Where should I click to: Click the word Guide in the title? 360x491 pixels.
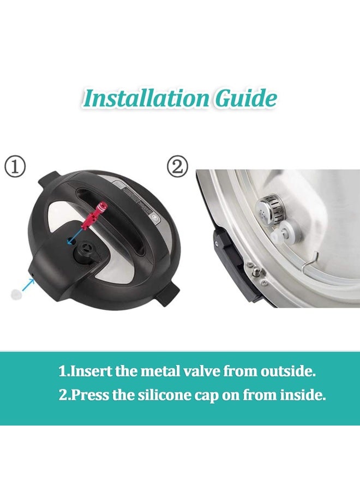click(246, 98)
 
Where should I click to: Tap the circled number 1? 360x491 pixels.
click(15, 167)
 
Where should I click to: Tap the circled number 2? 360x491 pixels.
click(177, 167)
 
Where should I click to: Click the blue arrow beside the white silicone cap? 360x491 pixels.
click(28, 284)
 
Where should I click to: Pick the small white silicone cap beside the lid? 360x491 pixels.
click(15, 294)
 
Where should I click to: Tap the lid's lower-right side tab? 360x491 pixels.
click(169, 296)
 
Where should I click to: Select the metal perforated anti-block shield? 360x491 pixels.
click(268, 208)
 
